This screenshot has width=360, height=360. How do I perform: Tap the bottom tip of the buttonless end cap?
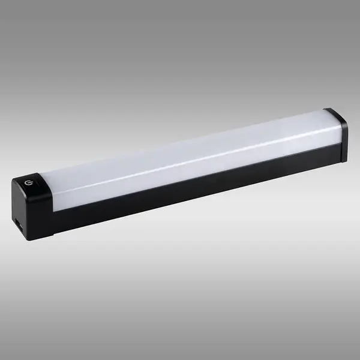[x=344, y=161]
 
